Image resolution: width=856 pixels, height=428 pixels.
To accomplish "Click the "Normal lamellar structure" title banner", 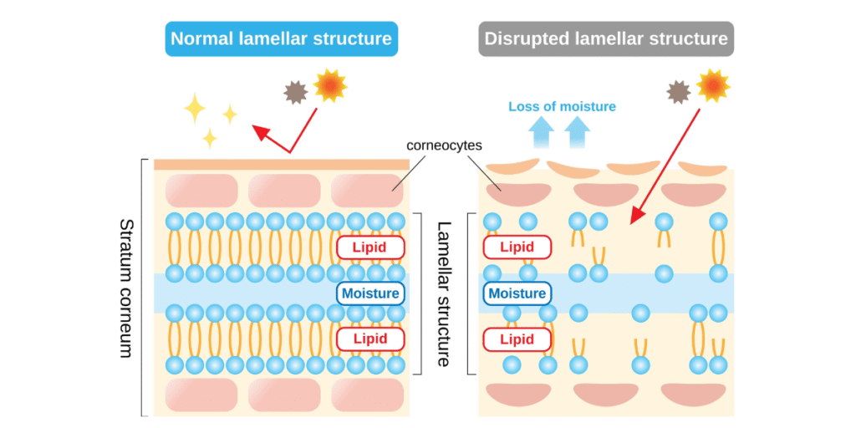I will [280, 38].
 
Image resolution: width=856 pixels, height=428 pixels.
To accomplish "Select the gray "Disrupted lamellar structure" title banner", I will [606, 38].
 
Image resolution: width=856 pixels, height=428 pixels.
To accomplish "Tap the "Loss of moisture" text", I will [562, 106].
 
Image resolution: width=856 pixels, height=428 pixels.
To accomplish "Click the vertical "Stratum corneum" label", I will [126, 288].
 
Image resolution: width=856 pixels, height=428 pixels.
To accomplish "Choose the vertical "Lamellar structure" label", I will [444, 293].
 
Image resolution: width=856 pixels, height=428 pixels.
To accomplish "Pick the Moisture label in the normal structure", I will [370, 293].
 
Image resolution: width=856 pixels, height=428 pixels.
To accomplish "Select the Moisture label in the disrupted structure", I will [517, 293].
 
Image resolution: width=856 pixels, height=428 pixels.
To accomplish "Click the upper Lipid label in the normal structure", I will [370, 247].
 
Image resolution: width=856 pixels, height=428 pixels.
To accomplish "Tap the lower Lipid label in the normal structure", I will [370, 339].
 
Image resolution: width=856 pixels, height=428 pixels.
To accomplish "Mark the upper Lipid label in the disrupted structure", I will [517, 247].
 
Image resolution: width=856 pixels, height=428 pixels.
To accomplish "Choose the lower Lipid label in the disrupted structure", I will [517, 339].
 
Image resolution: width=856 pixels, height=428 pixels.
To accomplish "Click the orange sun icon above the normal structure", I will [329, 86].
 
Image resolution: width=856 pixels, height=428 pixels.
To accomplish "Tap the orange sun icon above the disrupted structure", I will [712, 85].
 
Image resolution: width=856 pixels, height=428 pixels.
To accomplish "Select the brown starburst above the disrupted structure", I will [680, 92].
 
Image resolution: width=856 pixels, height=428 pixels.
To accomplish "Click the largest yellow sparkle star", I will [195, 108].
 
